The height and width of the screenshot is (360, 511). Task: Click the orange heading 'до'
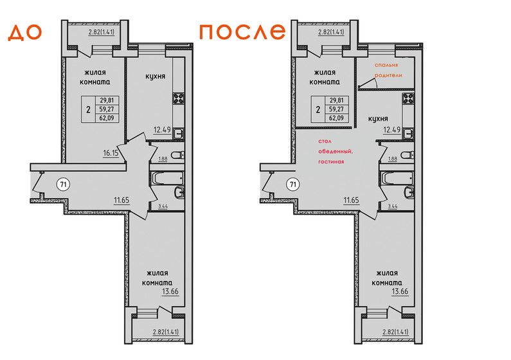click(x=25, y=33)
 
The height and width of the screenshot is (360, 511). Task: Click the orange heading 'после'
click(x=242, y=32)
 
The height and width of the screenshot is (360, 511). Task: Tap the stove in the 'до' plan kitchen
click(x=179, y=98)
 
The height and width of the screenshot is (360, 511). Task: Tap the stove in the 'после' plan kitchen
click(x=408, y=98)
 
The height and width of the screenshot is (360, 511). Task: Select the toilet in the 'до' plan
click(x=178, y=155)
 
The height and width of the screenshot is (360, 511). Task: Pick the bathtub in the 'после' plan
click(x=397, y=178)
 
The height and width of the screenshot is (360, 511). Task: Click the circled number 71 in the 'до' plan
click(x=64, y=184)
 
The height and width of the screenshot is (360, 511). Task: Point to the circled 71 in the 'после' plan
click(x=293, y=184)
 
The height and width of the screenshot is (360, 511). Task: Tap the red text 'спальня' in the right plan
click(x=386, y=65)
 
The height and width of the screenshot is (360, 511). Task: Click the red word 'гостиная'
click(x=331, y=161)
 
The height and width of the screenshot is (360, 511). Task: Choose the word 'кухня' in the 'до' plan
click(x=155, y=76)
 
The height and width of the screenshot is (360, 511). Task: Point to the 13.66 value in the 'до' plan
click(x=170, y=291)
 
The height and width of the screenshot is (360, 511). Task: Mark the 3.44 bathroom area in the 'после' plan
click(x=392, y=206)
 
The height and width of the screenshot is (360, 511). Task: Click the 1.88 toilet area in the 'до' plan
click(x=163, y=159)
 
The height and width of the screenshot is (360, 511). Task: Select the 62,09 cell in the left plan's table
click(x=107, y=118)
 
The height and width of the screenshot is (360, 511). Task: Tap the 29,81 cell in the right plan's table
click(x=336, y=100)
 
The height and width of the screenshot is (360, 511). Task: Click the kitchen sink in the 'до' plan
click(x=179, y=134)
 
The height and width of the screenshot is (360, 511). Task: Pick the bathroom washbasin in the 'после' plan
click(x=409, y=192)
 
